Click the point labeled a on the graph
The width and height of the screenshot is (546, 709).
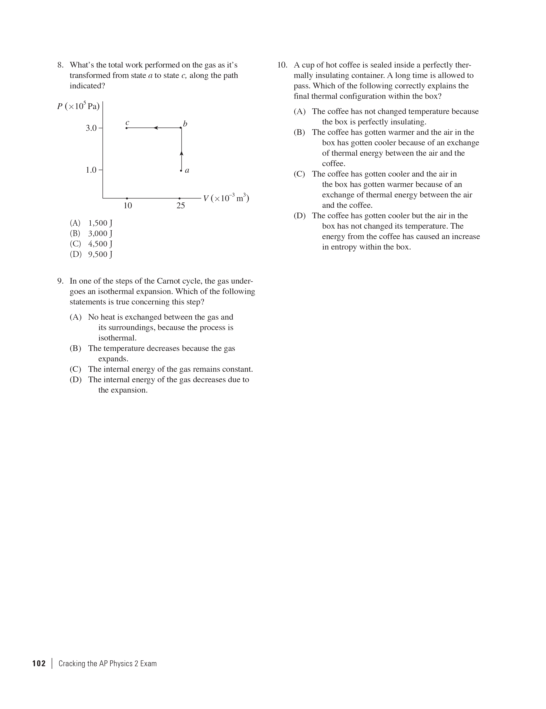click(x=181, y=170)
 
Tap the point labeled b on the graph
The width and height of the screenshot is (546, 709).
click(x=181, y=128)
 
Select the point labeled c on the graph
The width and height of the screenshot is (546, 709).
click(x=127, y=128)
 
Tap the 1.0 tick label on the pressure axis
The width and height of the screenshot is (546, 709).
click(x=91, y=170)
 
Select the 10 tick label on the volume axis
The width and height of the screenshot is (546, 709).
click(x=128, y=205)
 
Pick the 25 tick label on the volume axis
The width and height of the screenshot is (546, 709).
click(x=180, y=205)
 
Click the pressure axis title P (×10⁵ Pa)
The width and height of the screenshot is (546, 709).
click(x=78, y=106)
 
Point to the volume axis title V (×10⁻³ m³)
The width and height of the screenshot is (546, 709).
click(x=226, y=198)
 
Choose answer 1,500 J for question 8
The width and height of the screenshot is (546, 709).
click(x=100, y=223)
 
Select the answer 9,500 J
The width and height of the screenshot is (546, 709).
click(x=100, y=254)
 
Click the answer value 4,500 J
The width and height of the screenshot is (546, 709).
click(x=100, y=244)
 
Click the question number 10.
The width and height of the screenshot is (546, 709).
click(x=282, y=65)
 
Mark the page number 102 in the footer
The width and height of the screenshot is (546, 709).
click(x=39, y=663)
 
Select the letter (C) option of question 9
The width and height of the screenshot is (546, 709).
click(x=75, y=369)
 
